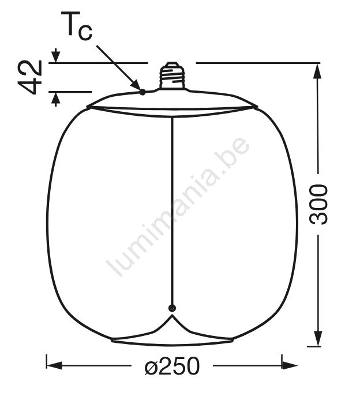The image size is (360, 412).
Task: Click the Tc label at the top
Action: pyautogui.click(x=77, y=26)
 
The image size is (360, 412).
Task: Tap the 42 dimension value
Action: pyautogui.click(x=30, y=77)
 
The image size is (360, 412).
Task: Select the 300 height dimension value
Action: pyautogui.click(x=318, y=205)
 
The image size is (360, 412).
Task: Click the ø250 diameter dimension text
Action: pyautogui.click(x=172, y=366)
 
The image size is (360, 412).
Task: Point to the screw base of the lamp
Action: pyautogui.click(x=172, y=75)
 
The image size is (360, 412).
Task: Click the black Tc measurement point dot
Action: pyautogui.click(x=142, y=92)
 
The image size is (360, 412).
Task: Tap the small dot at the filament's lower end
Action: pyautogui.click(x=172, y=308)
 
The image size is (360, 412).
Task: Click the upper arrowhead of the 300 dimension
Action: pyautogui.click(x=318, y=71)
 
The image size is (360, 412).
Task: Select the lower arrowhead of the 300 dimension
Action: pyautogui.click(x=318, y=338)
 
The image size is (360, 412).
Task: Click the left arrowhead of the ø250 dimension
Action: pyautogui.click(x=54, y=365)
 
